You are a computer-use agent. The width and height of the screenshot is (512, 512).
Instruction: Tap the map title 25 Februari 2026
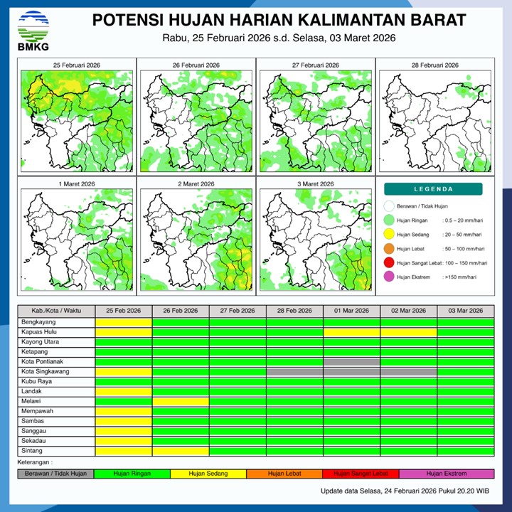76,65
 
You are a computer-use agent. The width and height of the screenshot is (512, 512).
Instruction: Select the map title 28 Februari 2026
434,65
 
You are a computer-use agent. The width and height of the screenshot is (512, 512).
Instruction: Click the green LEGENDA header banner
433,189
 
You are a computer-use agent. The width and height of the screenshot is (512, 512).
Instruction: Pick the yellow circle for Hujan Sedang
388,235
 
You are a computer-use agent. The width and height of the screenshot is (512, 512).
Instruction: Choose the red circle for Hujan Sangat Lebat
388,263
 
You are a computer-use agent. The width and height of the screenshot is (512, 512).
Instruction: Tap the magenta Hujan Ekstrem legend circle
388,277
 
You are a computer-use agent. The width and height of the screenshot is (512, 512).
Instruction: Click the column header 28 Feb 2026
294,311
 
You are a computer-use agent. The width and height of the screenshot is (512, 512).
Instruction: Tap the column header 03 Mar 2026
465,311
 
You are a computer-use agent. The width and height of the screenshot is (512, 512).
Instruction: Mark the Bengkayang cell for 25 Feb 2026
124,322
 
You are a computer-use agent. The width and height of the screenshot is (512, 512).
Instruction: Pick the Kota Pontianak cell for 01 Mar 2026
351,362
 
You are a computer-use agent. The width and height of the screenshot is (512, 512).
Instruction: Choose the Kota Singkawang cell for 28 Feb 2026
294,372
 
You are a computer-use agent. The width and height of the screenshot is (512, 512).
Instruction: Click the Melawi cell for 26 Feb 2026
181,402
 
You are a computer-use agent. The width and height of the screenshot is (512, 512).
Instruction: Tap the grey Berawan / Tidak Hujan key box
55,474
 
